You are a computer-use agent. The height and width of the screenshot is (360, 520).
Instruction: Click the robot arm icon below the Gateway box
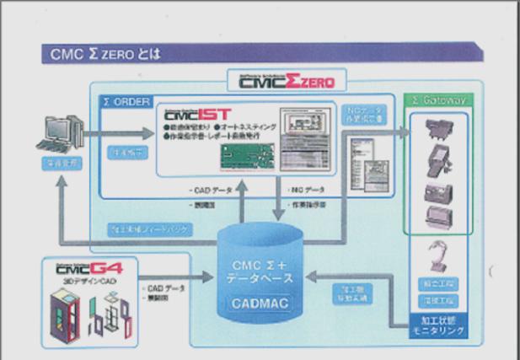tap(438, 256)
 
